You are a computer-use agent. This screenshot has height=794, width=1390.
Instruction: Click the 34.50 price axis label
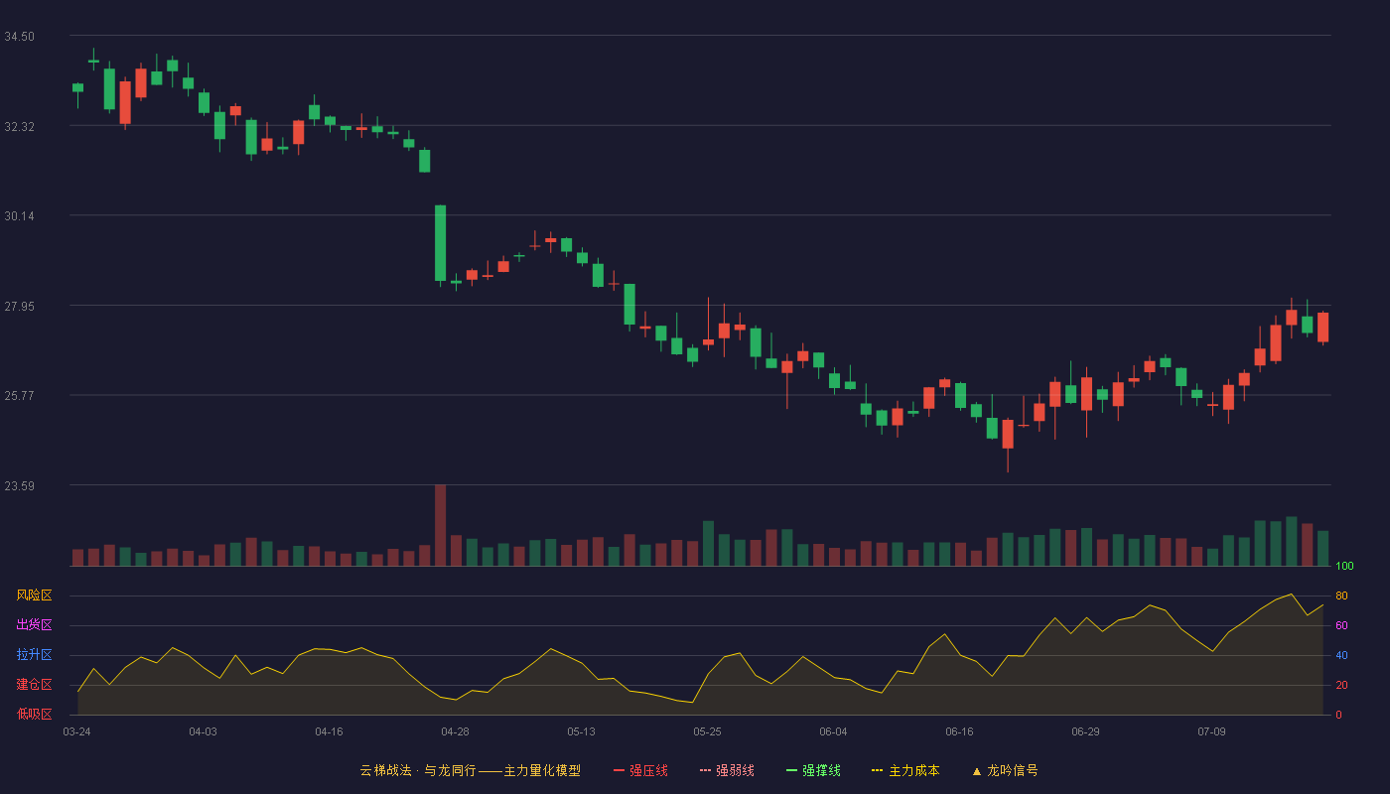pos(19,37)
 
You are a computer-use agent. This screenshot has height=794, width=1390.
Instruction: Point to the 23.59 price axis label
pos(19,485)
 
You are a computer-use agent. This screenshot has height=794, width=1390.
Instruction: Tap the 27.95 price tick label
pos(19,307)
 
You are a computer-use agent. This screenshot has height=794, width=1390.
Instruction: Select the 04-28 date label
pos(455,732)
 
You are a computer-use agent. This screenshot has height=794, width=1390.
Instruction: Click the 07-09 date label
pos(1211,732)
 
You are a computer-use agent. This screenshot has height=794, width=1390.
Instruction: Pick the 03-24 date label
pos(77,732)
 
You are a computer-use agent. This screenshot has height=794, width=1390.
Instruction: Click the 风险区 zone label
pos(34,595)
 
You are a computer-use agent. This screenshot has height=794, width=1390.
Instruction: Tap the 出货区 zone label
pos(34,624)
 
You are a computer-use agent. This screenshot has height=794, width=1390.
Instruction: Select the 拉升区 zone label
pos(34,654)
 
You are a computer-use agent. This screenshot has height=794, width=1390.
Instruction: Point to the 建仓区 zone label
pos(34,684)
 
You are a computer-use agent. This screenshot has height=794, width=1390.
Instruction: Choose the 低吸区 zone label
pos(34,714)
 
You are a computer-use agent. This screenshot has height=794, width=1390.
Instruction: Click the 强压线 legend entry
pos(640,770)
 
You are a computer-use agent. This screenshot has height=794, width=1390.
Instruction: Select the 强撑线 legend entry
pos(813,770)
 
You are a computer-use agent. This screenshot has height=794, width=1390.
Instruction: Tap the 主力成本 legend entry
pos(905,770)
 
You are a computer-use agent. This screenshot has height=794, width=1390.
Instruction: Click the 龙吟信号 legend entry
pos(1005,770)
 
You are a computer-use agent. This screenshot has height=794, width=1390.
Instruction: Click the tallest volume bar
pos(441,525)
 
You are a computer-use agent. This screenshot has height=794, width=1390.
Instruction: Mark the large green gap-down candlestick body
pos(441,243)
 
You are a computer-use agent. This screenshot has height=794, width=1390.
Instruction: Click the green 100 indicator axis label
pos(1344,566)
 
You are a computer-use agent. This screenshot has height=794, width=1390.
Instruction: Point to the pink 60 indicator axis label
pos(1341,625)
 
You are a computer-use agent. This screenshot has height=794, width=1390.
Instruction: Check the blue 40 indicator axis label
pos(1341,655)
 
